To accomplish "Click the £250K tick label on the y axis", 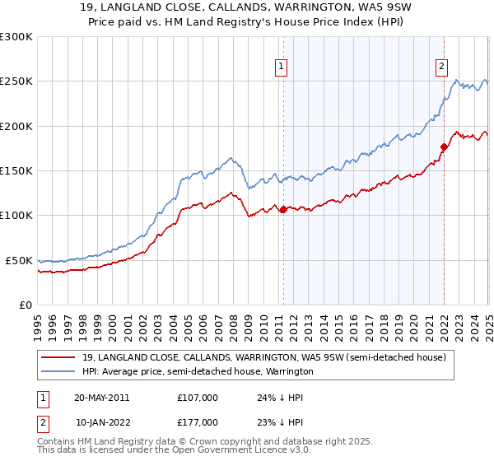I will click(x=16, y=81).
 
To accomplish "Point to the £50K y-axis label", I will click(x=19, y=260).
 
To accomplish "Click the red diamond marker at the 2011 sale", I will click(x=283, y=209).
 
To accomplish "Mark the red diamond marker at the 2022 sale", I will click(x=444, y=147).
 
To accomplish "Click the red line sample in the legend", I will click(x=58, y=357).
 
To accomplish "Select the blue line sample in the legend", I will click(x=58, y=371).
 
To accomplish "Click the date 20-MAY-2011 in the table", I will click(x=102, y=397).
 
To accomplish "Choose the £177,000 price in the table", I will click(x=198, y=421).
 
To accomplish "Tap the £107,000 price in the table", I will click(x=198, y=397).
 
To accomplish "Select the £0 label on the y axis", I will click(x=25, y=305).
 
